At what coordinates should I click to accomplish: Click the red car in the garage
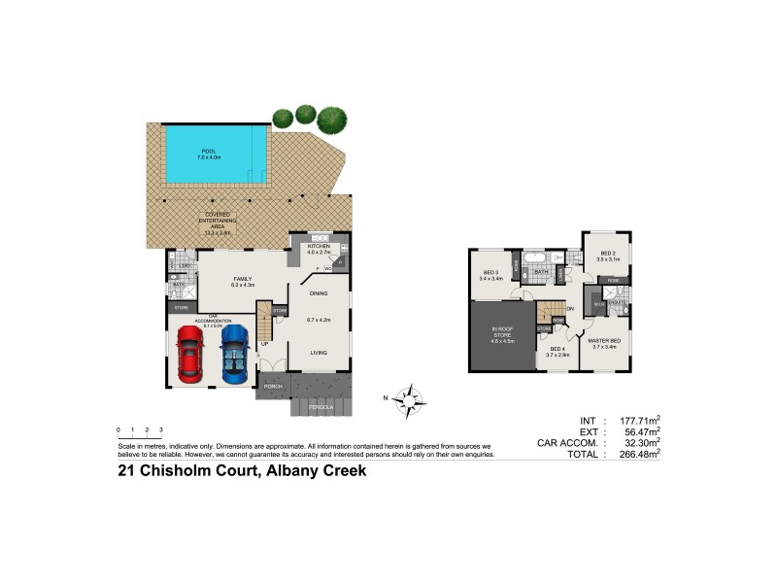pyautogui.click(x=190, y=354)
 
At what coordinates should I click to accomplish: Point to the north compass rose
pyautogui.click(x=413, y=396)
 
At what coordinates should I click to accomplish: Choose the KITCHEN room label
pyautogui.click(x=320, y=248)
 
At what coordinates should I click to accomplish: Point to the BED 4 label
pyautogui.click(x=557, y=350)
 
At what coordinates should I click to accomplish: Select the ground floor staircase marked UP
pyautogui.click(x=264, y=326)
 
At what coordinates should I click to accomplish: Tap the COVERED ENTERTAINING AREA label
pyautogui.click(x=218, y=223)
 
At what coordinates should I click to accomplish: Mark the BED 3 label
pyautogui.click(x=490, y=275)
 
